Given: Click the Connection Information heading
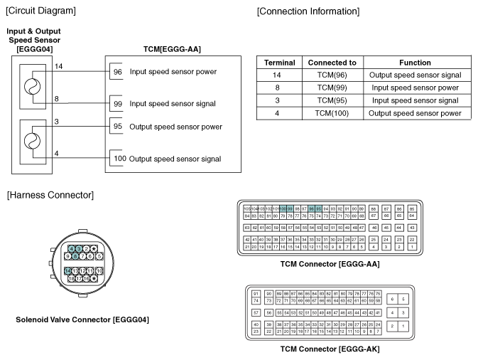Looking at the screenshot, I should click(308, 11).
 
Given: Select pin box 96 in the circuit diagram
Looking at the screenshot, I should click(118, 72).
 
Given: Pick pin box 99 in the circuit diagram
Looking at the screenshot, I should click(118, 104).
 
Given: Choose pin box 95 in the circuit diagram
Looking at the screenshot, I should click(118, 127).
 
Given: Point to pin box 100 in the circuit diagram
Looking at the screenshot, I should click(119, 159).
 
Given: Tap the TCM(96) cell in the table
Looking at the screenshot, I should click(332, 75).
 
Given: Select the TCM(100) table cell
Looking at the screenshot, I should click(332, 113).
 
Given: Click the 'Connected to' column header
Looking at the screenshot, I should click(332, 63).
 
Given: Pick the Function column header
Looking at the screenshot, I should click(415, 63).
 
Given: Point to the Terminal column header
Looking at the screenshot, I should click(279, 63).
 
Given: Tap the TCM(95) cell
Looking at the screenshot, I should click(332, 100).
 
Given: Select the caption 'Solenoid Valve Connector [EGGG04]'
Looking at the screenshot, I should click(82, 319).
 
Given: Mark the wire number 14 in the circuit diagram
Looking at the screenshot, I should click(60, 65).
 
